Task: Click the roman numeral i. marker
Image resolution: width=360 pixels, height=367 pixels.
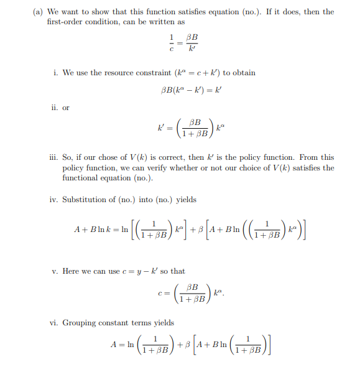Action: (x=56, y=73)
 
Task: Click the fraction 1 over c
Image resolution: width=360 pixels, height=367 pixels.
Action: (x=164, y=42)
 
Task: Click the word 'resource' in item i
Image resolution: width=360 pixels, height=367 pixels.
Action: (x=108, y=73)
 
